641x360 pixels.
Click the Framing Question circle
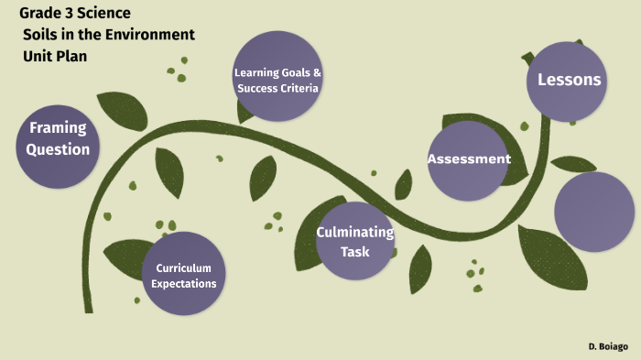point(58,137)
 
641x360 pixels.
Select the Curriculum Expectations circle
point(184,274)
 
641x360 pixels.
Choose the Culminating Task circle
point(355,240)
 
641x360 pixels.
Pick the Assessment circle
point(468,159)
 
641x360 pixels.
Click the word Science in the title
point(102,14)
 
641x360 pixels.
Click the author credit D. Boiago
point(608,347)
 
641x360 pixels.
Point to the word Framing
point(58,127)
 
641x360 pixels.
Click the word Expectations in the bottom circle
point(184,284)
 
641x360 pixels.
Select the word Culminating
point(355,232)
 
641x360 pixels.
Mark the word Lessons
point(569,80)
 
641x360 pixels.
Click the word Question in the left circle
point(58,149)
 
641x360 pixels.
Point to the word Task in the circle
point(355,250)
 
